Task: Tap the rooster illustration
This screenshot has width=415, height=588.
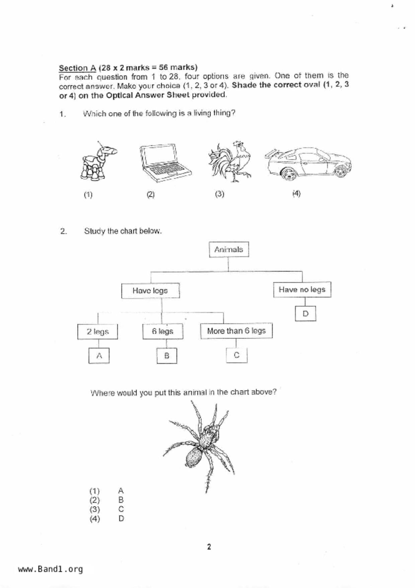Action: (231, 162)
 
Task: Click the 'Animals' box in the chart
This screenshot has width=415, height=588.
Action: (229, 249)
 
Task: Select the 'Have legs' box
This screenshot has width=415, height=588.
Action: (150, 291)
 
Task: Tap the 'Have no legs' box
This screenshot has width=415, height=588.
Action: (302, 290)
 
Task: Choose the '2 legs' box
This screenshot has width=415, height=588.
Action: (97, 332)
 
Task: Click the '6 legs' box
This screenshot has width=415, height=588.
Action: (162, 331)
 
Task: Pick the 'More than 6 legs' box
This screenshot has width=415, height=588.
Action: (236, 331)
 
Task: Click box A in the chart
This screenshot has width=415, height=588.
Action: (99, 356)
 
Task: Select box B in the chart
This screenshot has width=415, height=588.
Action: (167, 356)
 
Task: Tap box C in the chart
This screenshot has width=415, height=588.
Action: (236, 355)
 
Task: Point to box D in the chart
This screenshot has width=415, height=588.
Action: (305, 314)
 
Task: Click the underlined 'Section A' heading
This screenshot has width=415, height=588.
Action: (77, 68)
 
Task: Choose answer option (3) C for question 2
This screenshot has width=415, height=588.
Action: (107, 509)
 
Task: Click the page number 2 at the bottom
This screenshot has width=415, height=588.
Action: (209, 547)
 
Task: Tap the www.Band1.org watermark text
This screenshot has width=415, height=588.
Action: (50, 569)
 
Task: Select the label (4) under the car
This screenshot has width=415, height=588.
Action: (296, 193)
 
